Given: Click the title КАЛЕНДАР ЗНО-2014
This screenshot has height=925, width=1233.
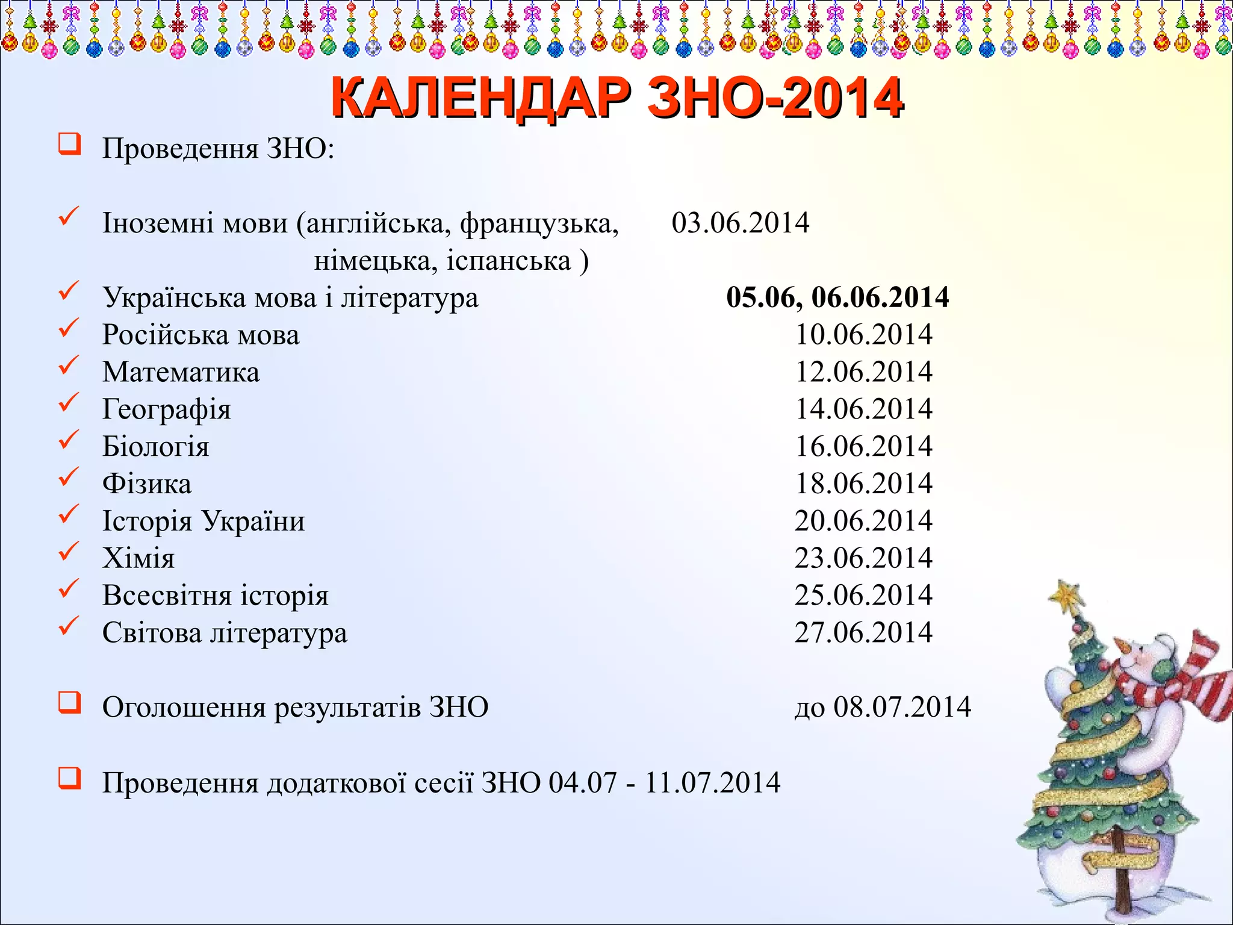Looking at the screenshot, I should click(x=616, y=98).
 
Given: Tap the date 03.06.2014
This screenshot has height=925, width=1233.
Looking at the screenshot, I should click(x=740, y=223).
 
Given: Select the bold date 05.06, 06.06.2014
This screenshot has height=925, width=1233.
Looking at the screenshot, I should click(x=837, y=297).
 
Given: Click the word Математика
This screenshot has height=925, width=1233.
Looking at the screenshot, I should click(x=181, y=372).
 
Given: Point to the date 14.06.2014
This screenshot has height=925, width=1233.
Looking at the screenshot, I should click(x=863, y=410).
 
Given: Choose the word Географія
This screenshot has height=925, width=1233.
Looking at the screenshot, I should click(x=166, y=410).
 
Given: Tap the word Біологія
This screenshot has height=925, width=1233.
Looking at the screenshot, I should click(x=155, y=447).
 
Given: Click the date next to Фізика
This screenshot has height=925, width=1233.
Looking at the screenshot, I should click(x=863, y=484).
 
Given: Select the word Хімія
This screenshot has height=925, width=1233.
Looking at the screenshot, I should click(x=138, y=558).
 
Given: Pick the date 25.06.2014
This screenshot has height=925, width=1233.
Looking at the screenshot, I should click(x=863, y=596).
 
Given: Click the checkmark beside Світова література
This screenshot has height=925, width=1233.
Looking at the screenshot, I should click(x=69, y=626).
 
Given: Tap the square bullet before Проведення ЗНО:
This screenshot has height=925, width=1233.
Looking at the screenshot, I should click(x=70, y=145).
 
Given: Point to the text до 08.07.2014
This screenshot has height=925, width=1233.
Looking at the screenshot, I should click(x=883, y=708).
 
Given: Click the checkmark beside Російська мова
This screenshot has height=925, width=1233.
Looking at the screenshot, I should click(x=69, y=328).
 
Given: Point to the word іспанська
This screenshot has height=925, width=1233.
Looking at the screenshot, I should click(x=509, y=261).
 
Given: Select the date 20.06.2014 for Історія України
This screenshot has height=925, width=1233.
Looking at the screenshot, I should click(x=863, y=521).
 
